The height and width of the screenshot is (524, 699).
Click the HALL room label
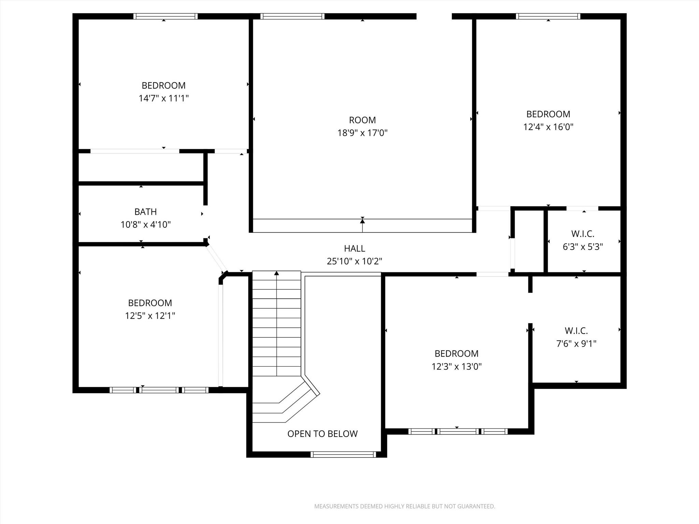click(354, 248)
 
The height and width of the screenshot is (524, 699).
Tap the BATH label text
click(145, 212)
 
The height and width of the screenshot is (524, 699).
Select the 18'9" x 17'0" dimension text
click(362, 133)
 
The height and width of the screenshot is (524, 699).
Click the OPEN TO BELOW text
click(323, 434)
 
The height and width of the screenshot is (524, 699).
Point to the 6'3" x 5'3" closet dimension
click(583, 247)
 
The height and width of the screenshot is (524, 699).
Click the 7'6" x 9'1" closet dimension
click(576, 344)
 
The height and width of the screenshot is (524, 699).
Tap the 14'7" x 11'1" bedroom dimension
click(163, 98)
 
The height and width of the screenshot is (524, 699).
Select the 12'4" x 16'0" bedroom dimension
click(548, 127)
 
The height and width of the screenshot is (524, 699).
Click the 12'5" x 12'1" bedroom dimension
click(150, 316)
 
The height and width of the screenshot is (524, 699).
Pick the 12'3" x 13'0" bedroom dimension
click(456, 366)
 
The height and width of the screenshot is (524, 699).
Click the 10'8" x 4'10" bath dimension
click(145, 224)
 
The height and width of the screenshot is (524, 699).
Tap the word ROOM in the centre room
click(362, 120)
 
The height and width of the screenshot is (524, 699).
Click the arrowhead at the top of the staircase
click(276, 273)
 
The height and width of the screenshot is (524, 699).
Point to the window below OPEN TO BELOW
click(343, 454)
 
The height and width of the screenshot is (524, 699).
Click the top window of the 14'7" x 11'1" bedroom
click(165, 16)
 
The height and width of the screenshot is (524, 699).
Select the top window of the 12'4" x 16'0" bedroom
click(548, 16)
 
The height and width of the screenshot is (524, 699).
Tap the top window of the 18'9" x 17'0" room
click(292, 16)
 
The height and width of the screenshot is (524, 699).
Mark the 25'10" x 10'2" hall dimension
click(354, 261)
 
